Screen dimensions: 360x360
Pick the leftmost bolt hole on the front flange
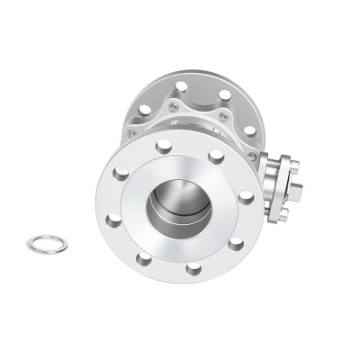(x=112, y=220)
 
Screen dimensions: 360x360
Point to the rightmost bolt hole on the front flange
(x=245, y=195)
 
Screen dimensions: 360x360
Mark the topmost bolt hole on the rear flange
(x=181, y=86)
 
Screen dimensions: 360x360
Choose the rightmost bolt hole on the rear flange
(x=249, y=131)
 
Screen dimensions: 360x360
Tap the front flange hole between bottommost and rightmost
(x=235, y=242)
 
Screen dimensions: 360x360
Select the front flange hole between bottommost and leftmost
(x=143, y=259)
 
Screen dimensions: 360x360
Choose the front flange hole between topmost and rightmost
(x=216, y=155)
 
